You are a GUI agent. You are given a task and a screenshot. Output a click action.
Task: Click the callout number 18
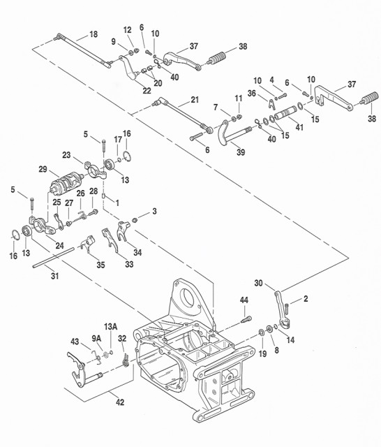click(94, 34)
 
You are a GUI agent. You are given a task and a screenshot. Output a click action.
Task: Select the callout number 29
click(43, 169)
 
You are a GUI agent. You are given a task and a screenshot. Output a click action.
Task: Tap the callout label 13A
click(110, 327)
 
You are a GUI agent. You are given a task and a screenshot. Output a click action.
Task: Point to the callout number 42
click(120, 402)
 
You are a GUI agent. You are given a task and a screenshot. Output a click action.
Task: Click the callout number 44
click(244, 300)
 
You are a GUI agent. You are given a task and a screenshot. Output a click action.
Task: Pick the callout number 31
click(54, 276)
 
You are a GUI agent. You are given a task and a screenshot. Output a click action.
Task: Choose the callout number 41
click(299, 127)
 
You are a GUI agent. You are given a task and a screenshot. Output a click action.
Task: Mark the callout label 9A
click(96, 338)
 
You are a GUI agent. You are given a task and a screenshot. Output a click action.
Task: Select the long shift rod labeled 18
click(82, 51)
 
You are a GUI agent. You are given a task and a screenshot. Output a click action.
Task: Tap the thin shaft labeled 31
click(53, 258)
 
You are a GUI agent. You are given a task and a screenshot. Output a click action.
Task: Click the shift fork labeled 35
click(87, 243)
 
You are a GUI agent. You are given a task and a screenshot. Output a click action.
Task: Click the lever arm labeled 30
click(281, 309)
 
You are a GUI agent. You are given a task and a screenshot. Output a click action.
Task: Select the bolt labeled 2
click(287, 309)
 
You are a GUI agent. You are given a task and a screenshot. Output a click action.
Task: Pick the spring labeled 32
click(126, 360)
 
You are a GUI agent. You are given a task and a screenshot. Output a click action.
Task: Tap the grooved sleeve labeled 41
click(285, 112)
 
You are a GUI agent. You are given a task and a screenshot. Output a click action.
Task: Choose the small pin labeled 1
click(104, 196)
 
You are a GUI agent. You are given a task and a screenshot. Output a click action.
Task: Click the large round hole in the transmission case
click(188, 299)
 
